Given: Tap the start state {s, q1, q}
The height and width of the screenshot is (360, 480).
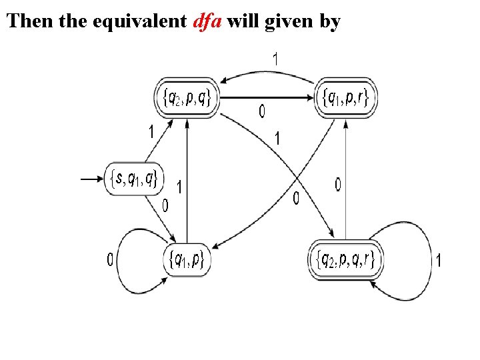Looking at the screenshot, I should click(134, 177).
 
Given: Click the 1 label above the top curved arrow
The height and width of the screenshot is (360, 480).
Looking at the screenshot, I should click(275, 59).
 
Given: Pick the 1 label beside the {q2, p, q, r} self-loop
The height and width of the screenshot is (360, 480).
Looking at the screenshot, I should click(438, 260).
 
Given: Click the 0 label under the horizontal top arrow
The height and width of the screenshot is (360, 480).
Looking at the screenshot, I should click(261, 112).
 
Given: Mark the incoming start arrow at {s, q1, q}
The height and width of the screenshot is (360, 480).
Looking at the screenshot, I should click(91, 178).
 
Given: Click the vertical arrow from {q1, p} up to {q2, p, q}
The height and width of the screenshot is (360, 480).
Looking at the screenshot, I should click(187, 180).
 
